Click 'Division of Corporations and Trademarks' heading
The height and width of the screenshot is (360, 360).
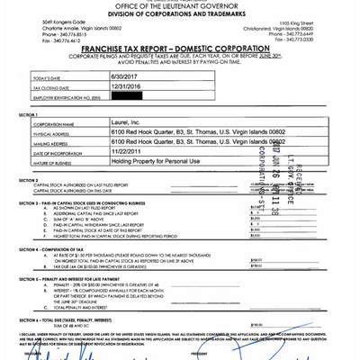click(x=179, y=14)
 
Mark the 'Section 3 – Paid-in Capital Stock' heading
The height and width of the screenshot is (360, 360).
click(x=90, y=203)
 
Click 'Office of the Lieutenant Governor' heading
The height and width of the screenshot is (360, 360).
click(x=179, y=6)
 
